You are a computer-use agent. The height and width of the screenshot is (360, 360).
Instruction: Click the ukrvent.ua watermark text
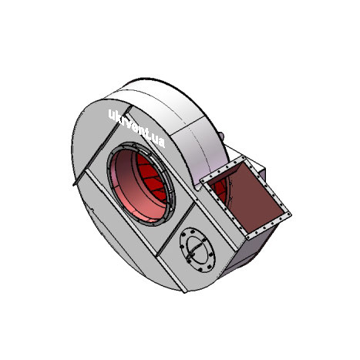coord(136,128)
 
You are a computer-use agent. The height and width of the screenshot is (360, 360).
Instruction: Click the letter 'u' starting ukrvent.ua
coord(112,115)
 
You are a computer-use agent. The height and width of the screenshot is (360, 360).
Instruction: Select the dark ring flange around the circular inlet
coord(141,184)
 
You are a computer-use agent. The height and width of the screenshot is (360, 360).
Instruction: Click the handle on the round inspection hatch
coord(193,250)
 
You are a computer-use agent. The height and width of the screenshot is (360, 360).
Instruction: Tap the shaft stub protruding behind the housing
coord(221,135)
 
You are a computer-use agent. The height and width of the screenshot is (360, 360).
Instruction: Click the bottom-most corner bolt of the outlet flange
coord(248,237)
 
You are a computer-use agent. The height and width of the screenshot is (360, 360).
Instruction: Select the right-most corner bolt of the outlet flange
coord(288,214)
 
